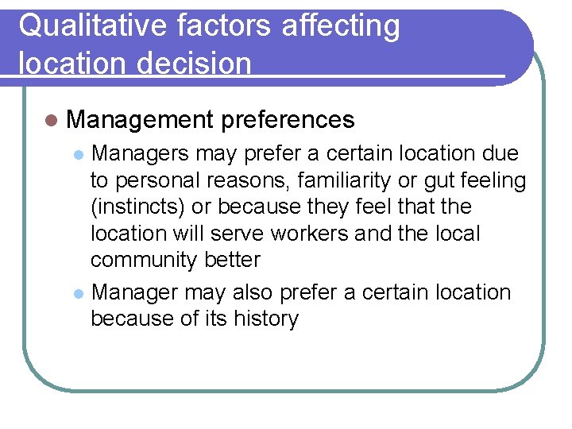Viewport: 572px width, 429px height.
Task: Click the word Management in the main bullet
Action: point(139,120)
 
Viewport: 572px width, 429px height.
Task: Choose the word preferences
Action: point(288,120)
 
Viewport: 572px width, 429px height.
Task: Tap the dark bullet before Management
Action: point(52,120)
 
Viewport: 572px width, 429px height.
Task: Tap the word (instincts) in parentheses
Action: point(140,207)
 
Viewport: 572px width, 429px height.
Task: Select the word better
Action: point(232,261)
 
